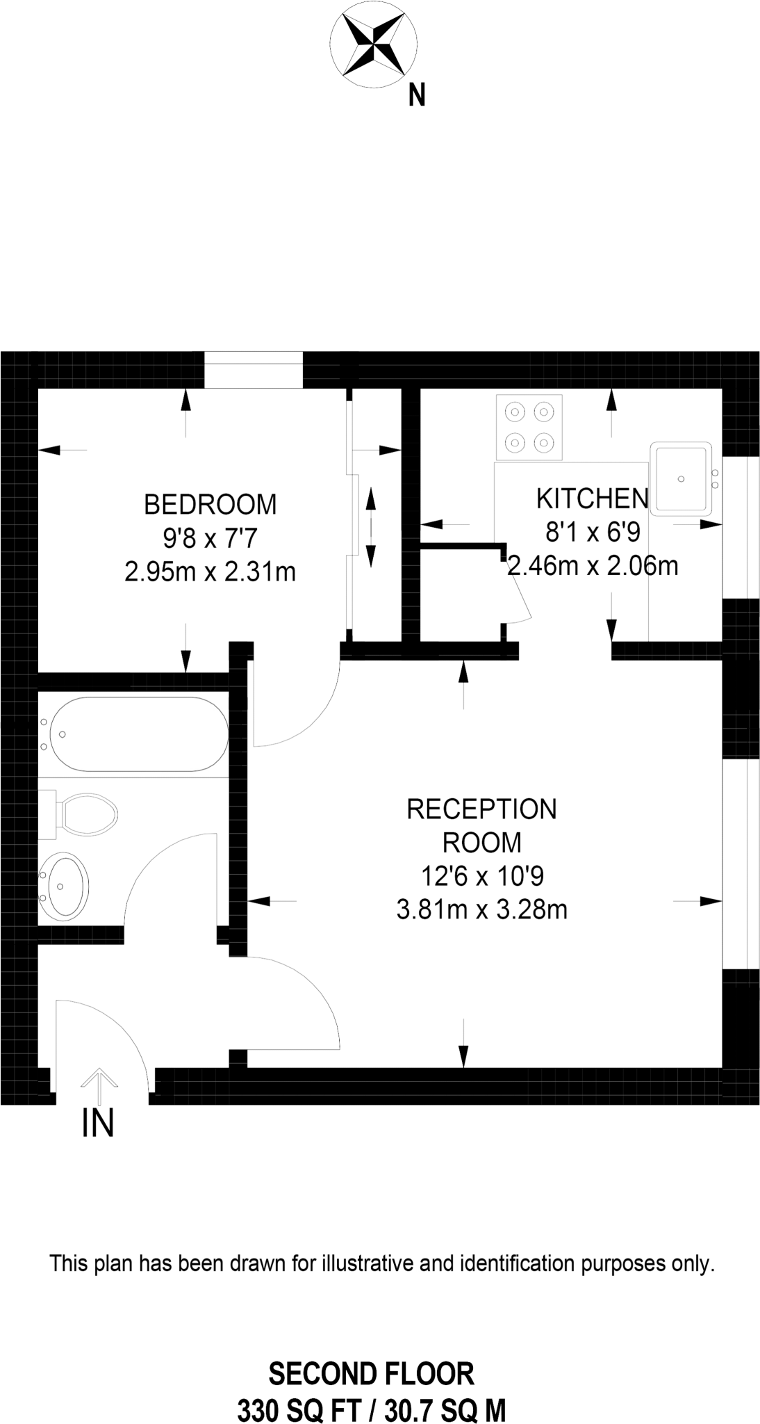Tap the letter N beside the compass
417,95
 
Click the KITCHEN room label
592,499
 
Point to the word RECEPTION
481,809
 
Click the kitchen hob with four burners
529,427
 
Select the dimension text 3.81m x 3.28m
481,909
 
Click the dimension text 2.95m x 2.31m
210,572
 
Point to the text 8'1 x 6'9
592,533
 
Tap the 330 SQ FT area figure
299,1409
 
